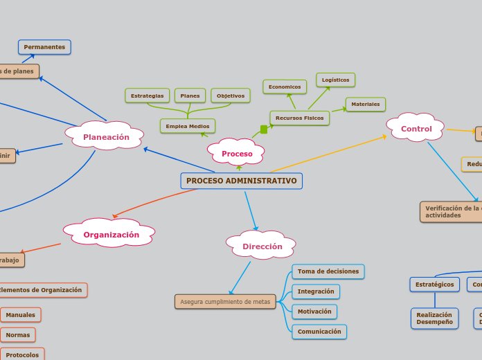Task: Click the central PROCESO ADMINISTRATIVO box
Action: pos(241,181)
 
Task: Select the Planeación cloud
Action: pos(106,136)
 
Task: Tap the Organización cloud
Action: pos(111,234)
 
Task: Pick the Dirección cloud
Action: pos(262,246)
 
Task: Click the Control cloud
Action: pos(416,129)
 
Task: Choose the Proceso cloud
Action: pos(237,153)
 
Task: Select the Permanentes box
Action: pos(44,47)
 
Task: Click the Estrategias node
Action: pos(147,96)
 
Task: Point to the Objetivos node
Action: pos(230,96)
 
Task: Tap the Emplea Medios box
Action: pos(187,126)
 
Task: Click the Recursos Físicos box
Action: pos(299,118)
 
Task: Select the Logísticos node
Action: pos(335,80)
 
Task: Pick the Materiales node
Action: pos(365,104)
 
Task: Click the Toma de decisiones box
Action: pos(328,271)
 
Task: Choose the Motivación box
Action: pos(314,312)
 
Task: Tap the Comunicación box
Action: pos(319,332)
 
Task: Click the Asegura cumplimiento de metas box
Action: pos(225,302)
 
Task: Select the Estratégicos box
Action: pos(434,284)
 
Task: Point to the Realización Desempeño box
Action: pos(434,318)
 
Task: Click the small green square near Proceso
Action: pos(264,129)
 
